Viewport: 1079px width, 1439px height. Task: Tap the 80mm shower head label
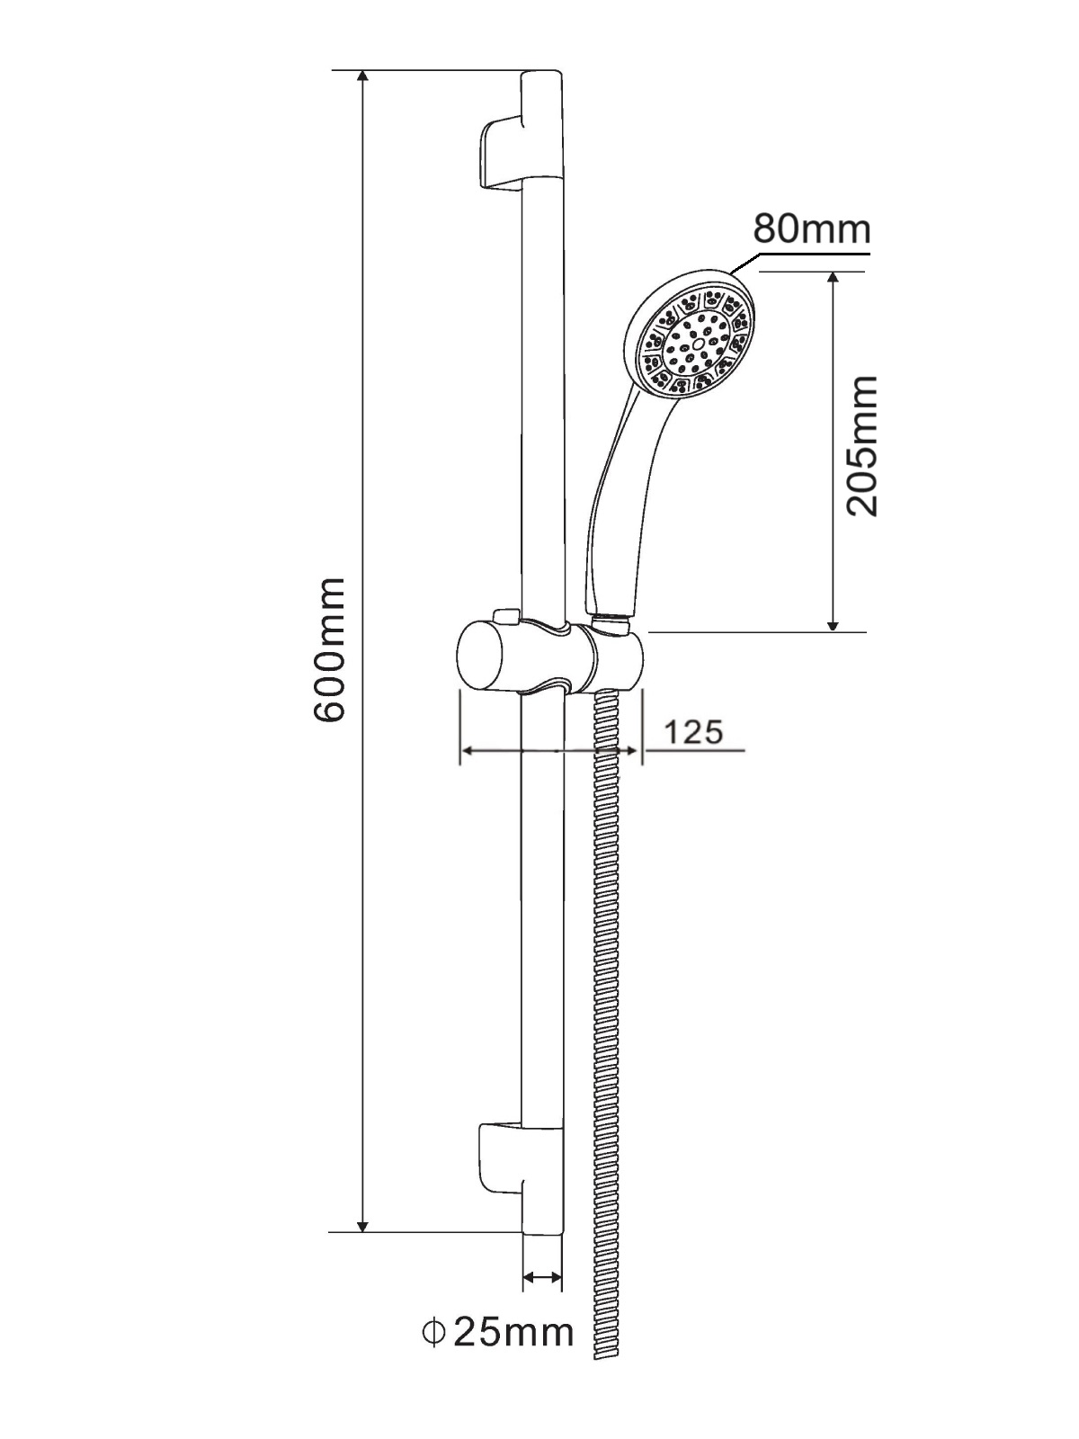click(x=812, y=228)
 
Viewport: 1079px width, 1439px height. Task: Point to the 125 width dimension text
click(x=693, y=732)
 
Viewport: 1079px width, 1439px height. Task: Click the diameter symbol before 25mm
click(x=434, y=1331)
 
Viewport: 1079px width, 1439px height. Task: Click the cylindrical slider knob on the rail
click(x=486, y=657)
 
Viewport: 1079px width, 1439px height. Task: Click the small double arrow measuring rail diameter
click(x=542, y=1276)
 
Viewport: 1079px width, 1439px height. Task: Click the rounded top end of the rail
click(x=542, y=76)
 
